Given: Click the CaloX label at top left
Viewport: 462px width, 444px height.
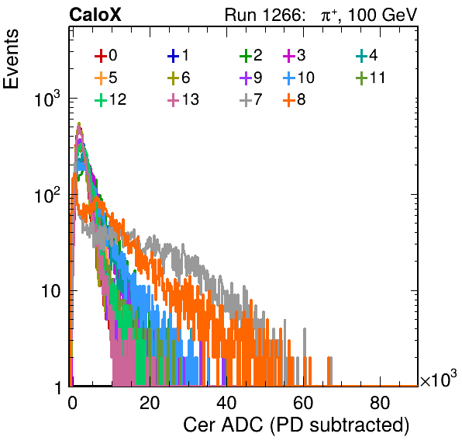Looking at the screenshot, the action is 95,15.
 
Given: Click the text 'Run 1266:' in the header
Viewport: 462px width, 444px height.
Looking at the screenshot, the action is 264,15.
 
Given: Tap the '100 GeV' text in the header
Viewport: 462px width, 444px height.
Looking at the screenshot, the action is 383,15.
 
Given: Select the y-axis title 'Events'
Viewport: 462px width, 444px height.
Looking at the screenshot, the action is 11,59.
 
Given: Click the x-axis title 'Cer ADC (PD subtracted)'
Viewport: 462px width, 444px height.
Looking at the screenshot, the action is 296,425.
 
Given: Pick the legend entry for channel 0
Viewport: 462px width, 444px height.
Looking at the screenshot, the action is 106,55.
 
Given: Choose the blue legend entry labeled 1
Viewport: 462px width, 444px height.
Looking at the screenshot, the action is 178,55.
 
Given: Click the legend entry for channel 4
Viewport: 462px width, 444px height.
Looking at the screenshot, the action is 367,55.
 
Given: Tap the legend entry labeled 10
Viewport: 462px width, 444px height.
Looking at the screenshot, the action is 298,78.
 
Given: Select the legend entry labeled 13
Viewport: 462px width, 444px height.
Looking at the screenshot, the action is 183,99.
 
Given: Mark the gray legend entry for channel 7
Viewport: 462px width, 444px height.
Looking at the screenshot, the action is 251,99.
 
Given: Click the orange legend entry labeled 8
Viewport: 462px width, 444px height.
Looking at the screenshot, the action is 294,99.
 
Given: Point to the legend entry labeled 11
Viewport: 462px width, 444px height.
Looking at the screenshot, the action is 371,78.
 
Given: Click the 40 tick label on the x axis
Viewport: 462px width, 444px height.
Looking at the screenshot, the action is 226,403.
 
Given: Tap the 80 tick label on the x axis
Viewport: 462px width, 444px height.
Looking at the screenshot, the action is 380,403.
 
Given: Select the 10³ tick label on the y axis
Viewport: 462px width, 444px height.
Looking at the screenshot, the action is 47,99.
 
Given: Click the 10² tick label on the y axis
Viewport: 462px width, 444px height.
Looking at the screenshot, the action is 47,196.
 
